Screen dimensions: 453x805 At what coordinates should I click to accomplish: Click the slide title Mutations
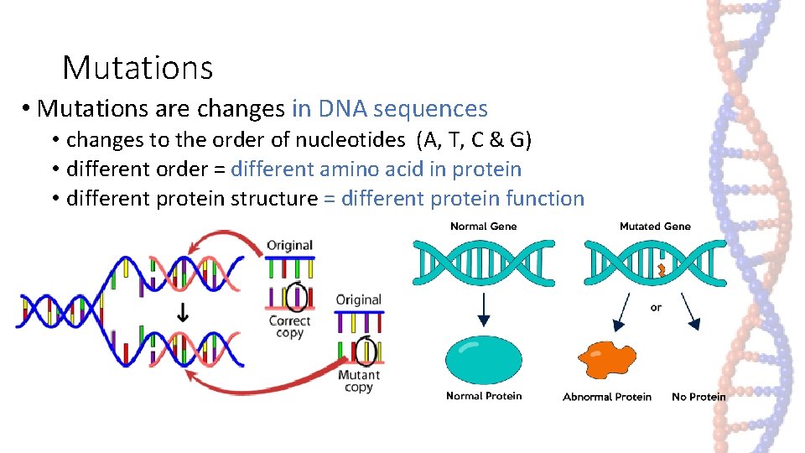point(138,67)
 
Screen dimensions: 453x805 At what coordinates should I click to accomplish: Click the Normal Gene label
point(483,226)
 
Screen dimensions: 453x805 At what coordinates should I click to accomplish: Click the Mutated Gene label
point(654,226)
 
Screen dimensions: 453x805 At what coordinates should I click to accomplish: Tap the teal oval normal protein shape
point(483,359)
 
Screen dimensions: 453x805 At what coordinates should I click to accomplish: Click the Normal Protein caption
point(483,396)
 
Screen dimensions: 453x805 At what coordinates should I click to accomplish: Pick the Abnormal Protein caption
point(606,397)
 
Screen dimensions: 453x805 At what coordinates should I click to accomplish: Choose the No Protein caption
point(699,397)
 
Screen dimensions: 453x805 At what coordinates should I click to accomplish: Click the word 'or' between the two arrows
point(656,307)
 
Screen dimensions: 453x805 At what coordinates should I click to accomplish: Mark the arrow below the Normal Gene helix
point(483,310)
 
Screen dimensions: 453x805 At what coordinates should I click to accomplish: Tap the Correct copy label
point(289,327)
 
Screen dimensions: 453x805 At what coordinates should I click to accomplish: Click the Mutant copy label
point(358,381)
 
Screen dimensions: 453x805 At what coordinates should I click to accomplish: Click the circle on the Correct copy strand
point(296,297)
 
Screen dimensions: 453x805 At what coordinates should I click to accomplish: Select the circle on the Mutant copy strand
point(366,350)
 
